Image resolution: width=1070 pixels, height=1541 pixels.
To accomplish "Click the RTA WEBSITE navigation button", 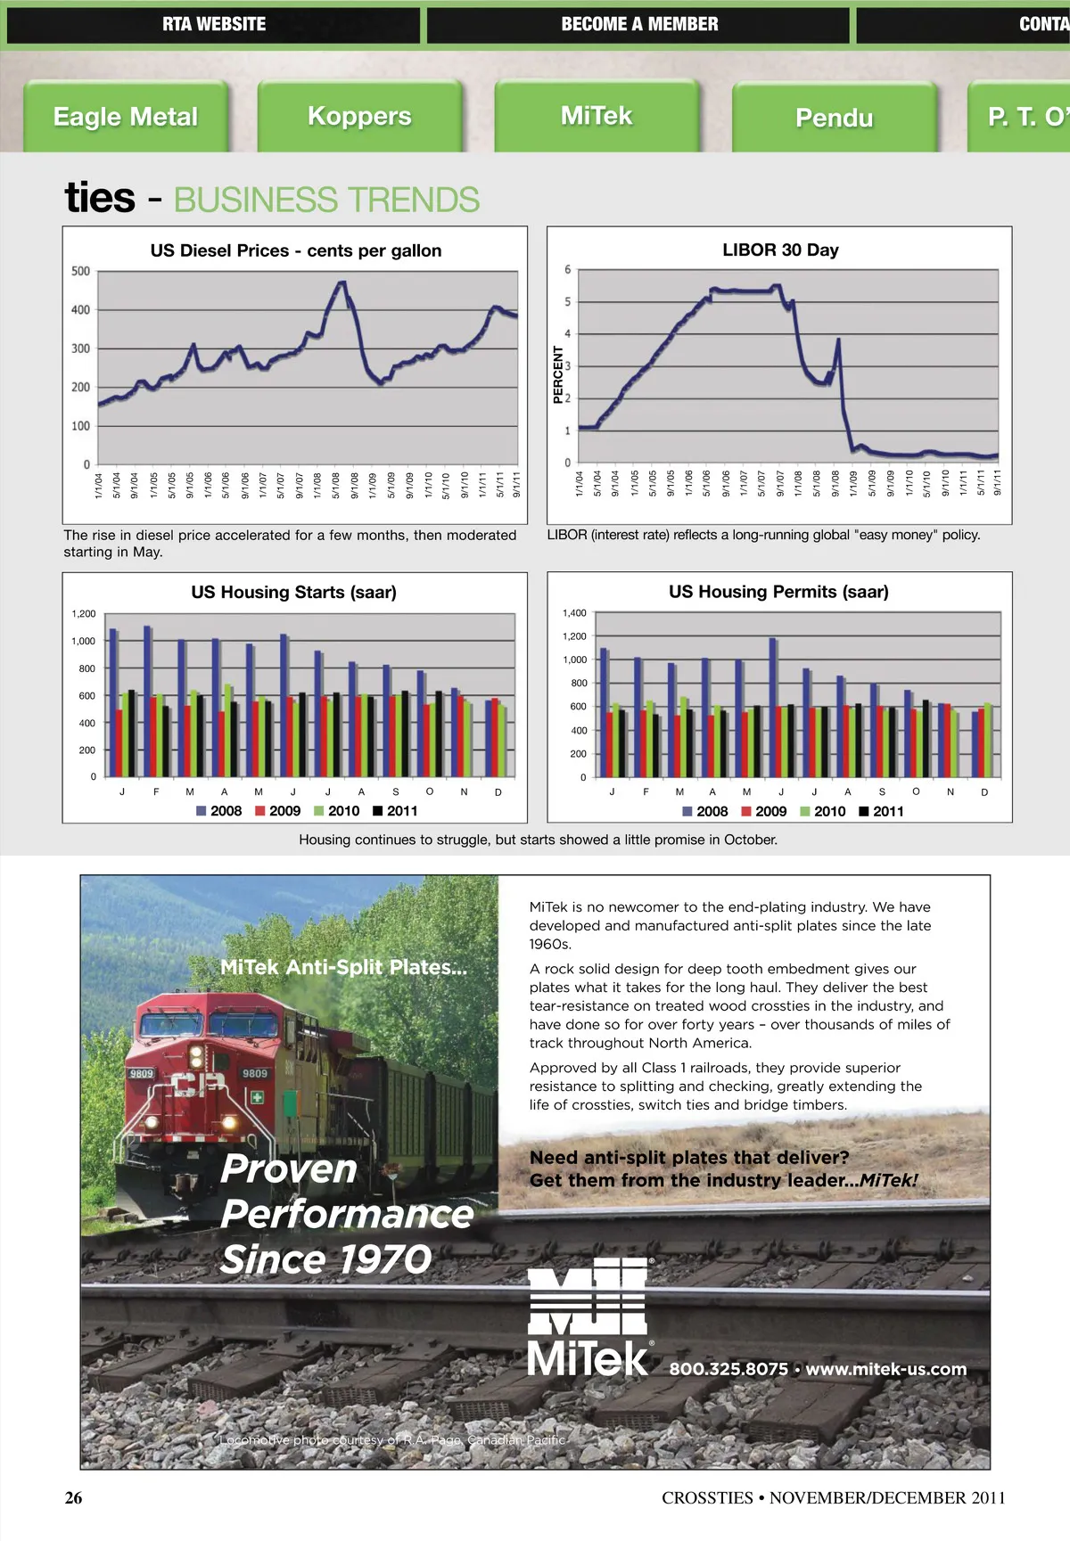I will (x=214, y=24).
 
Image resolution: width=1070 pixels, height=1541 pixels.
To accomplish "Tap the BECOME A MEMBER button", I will (x=638, y=24).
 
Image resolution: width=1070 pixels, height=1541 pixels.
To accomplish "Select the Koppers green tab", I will (x=359, y=117).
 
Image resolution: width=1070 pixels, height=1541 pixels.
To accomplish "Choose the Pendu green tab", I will (x=834, y=118).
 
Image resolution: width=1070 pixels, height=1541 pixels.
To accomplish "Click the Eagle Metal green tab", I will (x=126, y=117).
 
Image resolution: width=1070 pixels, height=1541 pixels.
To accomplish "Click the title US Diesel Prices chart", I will (x=295, y=250).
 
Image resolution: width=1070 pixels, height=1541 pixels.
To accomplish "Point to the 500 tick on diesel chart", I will (x=80, y=271).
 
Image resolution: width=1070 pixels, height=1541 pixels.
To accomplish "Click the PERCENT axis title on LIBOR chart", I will (x=558, y=374).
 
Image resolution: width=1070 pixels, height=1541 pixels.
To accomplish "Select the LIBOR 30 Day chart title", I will (x=780, y=250).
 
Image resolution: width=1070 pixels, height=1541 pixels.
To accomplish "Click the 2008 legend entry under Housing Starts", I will (x=219, y=811).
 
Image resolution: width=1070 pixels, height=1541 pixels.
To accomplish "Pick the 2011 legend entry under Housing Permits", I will (x=882, y=811).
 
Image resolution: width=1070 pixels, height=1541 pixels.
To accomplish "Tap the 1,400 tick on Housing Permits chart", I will (x=574, y=613).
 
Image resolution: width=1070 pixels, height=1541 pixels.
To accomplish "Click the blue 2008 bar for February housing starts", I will (x=147, y=701).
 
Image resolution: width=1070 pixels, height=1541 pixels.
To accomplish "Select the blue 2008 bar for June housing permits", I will (x=772, y=707).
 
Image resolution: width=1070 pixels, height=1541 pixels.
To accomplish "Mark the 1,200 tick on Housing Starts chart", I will (x=84, y=614).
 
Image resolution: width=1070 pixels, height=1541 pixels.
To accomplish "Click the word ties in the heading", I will (x=100, y=197).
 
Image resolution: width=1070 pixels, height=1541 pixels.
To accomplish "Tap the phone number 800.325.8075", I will (x=728, y=1369).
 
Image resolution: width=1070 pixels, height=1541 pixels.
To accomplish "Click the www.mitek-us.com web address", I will (x=886, y=1369).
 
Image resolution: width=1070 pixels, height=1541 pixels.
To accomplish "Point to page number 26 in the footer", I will (x=73, y=1498).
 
